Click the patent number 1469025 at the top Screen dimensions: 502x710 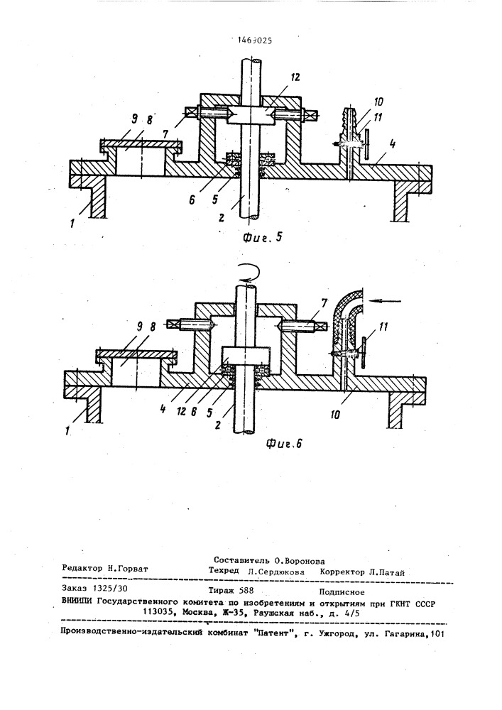(254, 40)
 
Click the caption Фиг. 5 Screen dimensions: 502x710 (262, 238)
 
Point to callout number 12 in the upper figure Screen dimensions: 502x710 (295, 77)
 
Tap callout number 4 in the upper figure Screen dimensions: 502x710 (393, 145)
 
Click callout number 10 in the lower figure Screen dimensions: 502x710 (334, 414)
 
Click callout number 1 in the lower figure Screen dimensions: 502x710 (67, 432)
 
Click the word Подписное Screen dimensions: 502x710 (342, 592)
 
